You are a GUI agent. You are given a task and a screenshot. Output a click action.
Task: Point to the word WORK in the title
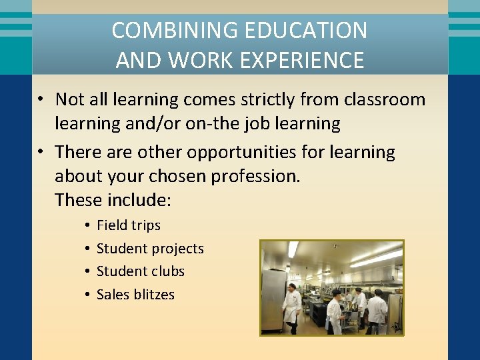(x=199, y=60)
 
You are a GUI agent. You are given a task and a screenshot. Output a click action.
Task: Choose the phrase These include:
(x=113, y=200)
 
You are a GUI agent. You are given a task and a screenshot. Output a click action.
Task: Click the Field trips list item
(x=129, y=225)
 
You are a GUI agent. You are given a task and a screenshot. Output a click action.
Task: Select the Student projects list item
(x=150, y=249)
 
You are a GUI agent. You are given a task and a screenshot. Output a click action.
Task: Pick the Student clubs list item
(x=141, y=271)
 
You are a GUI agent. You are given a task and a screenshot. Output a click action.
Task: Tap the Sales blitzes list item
(x=135, y=295)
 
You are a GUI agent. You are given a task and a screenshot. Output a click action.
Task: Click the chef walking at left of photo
(x=291, y=307)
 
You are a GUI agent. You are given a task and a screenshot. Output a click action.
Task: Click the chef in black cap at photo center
(x=335, y=310)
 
